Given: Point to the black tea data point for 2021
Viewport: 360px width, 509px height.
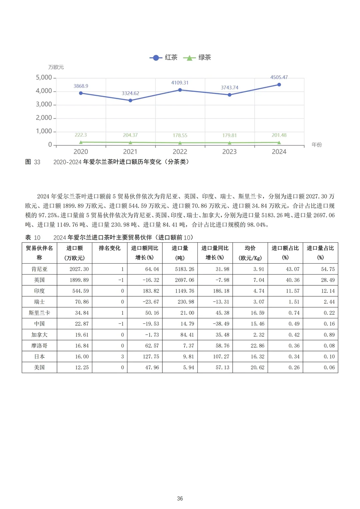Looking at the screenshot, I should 130,100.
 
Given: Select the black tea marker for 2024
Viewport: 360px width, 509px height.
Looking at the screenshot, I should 279,85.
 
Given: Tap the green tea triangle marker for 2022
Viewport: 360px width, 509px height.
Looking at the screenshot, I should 180,143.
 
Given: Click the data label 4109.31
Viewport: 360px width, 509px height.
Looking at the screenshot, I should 180,83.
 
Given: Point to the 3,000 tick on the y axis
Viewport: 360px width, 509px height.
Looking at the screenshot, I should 44,104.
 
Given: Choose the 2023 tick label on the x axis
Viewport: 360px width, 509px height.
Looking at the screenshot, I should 229,152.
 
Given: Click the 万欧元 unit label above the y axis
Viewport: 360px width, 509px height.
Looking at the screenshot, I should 56,67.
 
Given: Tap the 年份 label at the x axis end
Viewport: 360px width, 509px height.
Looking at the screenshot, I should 317,145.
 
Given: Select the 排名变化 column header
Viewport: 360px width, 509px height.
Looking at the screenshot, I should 110,248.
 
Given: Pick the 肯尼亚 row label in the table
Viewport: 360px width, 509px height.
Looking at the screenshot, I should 39,269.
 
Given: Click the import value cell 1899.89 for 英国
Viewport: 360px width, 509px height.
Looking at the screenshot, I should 79,280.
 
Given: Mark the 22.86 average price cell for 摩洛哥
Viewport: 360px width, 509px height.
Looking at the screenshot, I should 257,346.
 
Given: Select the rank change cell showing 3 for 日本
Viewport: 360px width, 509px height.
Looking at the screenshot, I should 122,357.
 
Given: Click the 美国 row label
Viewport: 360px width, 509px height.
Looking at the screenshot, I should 39,367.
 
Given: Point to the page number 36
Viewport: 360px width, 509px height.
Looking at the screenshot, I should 180,499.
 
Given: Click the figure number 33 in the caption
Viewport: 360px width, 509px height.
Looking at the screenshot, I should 37,162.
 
